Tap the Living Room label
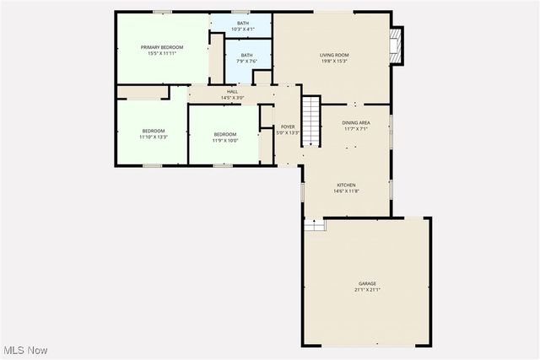pos(334,56)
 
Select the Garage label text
pos(367,283)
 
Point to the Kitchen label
pos(346,185)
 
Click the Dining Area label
pos(355,123)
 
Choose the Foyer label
pos(288,126)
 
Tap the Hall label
pos(232,92)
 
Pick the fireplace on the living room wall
pos(397,46)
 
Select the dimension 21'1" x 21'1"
pos(367,289)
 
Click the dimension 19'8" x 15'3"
pos(334,62)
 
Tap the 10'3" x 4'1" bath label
pos(243,29)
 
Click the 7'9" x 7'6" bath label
pos(246,58)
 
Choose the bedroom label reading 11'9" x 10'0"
pos(225,137)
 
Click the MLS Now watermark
pos(25,350)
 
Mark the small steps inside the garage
pos(315,224)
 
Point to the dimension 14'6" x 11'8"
pos(346,191)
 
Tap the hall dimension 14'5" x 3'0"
pos(232,98)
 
